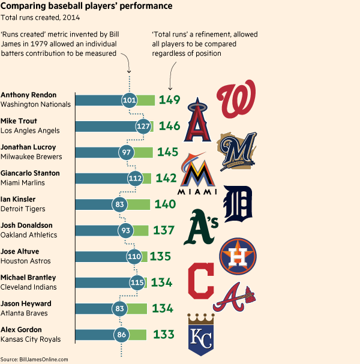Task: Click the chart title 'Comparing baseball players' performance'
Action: (x=86, y=6)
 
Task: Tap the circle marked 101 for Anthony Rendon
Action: (x=129, y=100)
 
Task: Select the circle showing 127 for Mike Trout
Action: (x=143, y=127)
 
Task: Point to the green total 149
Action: (x=169, y=100)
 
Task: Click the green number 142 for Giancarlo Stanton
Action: (x=166, y=178)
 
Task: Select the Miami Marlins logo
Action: (x=196, y=175)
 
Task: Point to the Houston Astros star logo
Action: (x=239, y=255)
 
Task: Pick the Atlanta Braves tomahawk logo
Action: (x=236, y=297)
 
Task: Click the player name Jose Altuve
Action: (x=19, y=251)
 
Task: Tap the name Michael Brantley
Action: (x=28, y=278)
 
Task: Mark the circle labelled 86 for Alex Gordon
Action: (x=122, y=335)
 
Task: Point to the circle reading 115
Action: (x=138, y=282)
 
